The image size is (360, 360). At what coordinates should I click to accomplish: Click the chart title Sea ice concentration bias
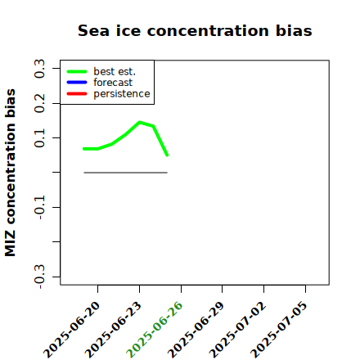pos(195,30)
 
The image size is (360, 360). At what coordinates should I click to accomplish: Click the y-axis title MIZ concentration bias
pos(10,173)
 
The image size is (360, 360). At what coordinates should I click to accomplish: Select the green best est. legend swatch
pos(77,71)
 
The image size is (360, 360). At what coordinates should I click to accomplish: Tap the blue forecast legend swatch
pos(77,83)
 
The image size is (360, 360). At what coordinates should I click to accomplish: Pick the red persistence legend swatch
pos(77,94)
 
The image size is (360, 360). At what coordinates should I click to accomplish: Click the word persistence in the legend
pos(122,94)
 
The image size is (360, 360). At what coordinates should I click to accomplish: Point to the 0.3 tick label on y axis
pos(39,69)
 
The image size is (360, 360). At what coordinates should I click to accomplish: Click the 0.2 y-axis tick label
pos(39,103)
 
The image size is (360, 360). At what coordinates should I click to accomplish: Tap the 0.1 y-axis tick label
pos(39,138)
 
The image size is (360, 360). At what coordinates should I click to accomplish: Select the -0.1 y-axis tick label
pos(39,207)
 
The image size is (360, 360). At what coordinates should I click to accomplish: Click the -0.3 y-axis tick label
pos(39,277)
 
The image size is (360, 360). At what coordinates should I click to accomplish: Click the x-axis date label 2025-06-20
pos(71,330)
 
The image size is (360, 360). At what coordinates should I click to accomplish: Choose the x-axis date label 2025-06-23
pos(113,330)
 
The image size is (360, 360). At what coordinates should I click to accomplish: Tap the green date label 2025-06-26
pos(155,330)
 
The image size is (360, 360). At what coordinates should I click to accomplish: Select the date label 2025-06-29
pos(196,330)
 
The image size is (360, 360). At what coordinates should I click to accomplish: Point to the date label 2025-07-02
pos(237,330)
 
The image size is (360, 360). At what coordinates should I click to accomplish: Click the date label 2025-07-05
pos(279,330)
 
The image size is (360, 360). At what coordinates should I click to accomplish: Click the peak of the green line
pos(140,122)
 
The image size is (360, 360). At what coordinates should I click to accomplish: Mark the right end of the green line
pos(167,155)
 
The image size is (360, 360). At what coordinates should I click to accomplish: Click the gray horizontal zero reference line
pos(125,173)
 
